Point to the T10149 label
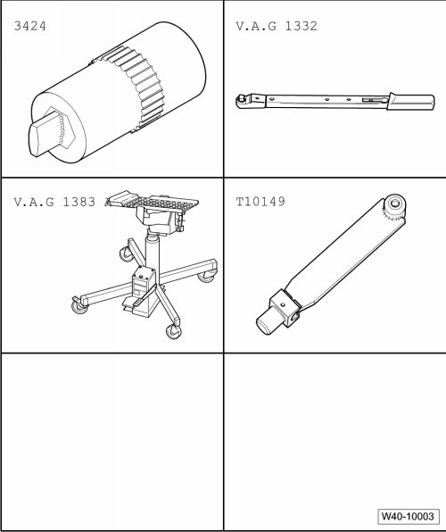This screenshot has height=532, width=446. (260, 203)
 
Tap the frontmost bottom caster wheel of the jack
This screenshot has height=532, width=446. (170, 332)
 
